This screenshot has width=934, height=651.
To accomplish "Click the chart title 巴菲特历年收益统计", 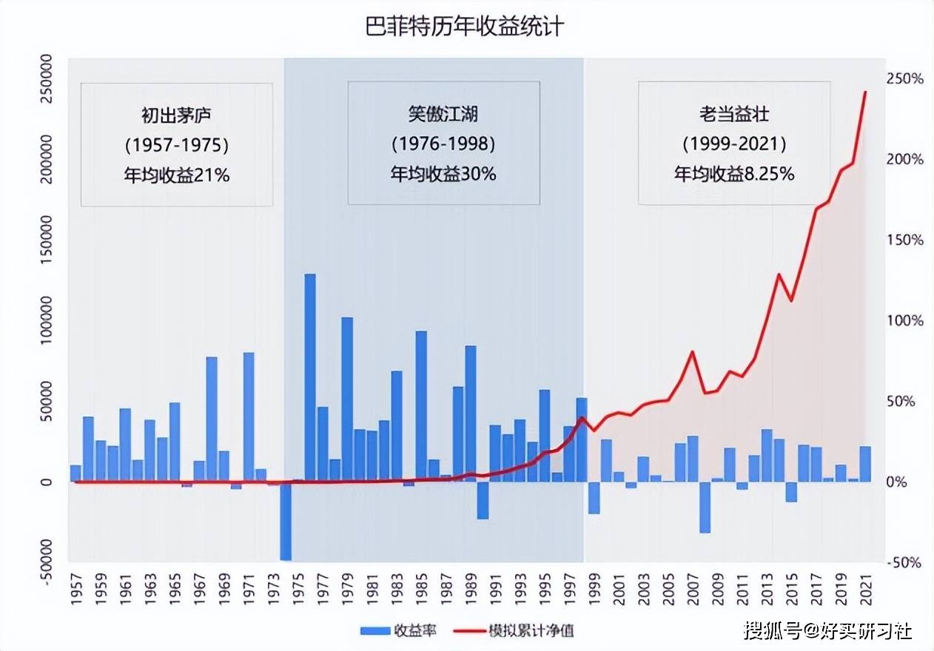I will pos(466,27).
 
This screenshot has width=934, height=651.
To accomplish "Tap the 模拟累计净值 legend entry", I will pos(519,630).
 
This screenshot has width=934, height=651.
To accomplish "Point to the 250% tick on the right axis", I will pos(906,79).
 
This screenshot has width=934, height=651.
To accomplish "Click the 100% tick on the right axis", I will pos(906,321).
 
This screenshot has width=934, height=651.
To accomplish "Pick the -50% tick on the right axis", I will pos(906,563).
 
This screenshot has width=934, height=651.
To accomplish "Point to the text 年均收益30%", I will pos(443,175).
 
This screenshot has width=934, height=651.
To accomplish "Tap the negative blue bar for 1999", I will pos(594,497).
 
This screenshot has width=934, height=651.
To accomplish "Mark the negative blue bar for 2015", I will pos(791,491).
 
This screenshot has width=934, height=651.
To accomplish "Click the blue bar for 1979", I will pos(347,399).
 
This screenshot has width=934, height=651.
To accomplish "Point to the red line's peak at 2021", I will pos(865,92).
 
